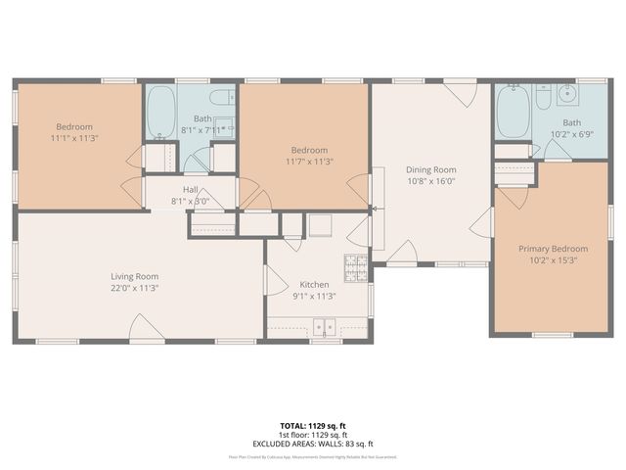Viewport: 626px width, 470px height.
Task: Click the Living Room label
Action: [134, 276]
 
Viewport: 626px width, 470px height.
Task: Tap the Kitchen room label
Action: [314, 283]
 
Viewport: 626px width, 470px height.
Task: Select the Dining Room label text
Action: [431, 168]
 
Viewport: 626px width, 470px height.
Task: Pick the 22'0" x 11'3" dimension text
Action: [134, 288]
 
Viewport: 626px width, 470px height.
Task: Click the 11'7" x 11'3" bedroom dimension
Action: [309, 162]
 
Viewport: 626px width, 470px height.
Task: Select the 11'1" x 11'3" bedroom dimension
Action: [73, 139]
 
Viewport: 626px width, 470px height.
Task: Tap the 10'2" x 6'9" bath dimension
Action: [570, 134]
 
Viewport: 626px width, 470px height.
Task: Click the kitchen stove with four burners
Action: [355, 265]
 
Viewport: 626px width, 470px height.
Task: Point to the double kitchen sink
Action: [324, 328]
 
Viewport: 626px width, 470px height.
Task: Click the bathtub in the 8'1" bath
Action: [161, 113]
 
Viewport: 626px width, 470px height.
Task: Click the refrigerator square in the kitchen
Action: [322, 224]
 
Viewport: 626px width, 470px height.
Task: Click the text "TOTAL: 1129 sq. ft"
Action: [313, 426]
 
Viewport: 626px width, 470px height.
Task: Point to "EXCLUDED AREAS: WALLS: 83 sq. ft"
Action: [313, 443]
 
